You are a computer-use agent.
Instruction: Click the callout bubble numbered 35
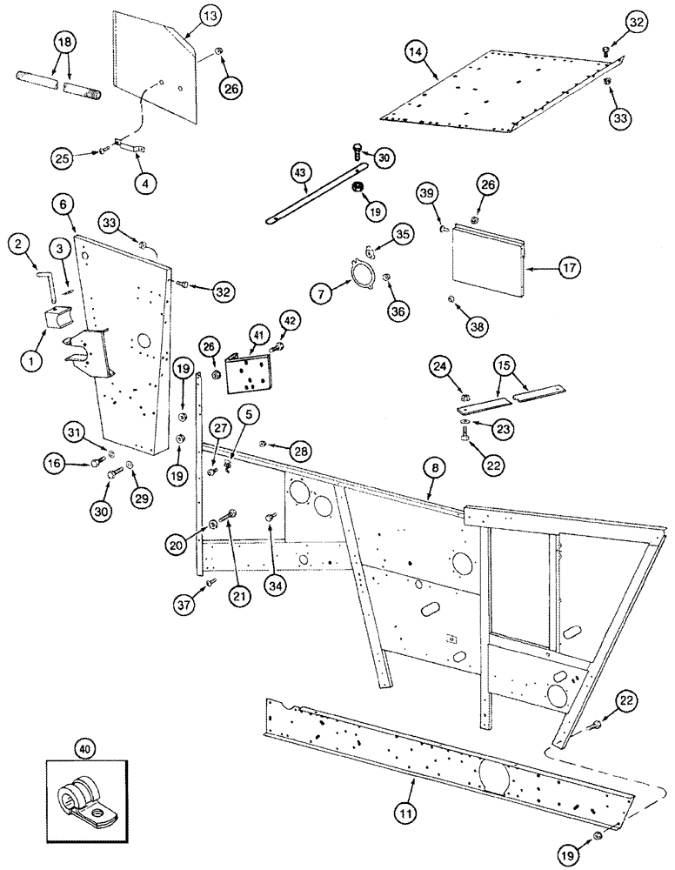tap(402, 234)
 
